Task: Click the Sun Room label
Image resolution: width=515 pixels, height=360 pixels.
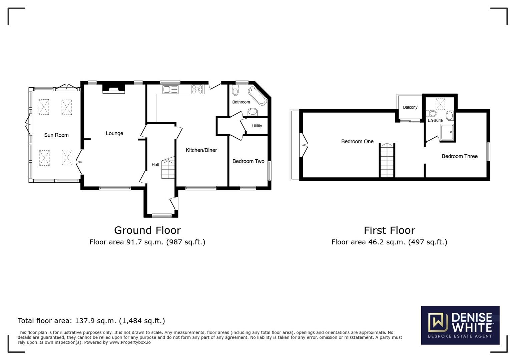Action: click(56, 135)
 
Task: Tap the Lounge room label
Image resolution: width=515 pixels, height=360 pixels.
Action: click(114, 133)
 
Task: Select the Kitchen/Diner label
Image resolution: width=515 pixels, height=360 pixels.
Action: click(201, 150)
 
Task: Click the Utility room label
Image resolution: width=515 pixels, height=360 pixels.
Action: click(257, 126)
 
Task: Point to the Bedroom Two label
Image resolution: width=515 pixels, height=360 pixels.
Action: click(248, 161)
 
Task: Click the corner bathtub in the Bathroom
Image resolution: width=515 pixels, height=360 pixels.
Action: click(257, 96)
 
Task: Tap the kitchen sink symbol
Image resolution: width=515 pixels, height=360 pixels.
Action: click(170, 89)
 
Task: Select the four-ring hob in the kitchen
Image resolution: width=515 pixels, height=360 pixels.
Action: click(197, 89)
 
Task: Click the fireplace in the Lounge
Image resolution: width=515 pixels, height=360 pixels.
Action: click(113, 88)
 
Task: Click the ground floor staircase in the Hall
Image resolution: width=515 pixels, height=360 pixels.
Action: click(168, 168)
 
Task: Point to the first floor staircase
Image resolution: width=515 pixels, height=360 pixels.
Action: click(387, 160)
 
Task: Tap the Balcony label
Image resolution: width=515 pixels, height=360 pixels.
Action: click(410, 107)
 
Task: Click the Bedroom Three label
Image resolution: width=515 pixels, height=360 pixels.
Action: click(459, 156)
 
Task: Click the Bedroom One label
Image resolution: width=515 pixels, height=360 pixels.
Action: click(357, 142)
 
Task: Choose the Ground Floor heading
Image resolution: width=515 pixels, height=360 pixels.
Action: click(147, 230)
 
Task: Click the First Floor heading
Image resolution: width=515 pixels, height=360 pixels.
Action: click(389, 230)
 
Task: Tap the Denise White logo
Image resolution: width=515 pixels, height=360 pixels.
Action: click(460, 325)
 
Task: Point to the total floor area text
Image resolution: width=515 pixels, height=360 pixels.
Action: click(91, 321)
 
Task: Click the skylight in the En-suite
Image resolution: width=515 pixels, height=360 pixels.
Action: click(440, 104)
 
